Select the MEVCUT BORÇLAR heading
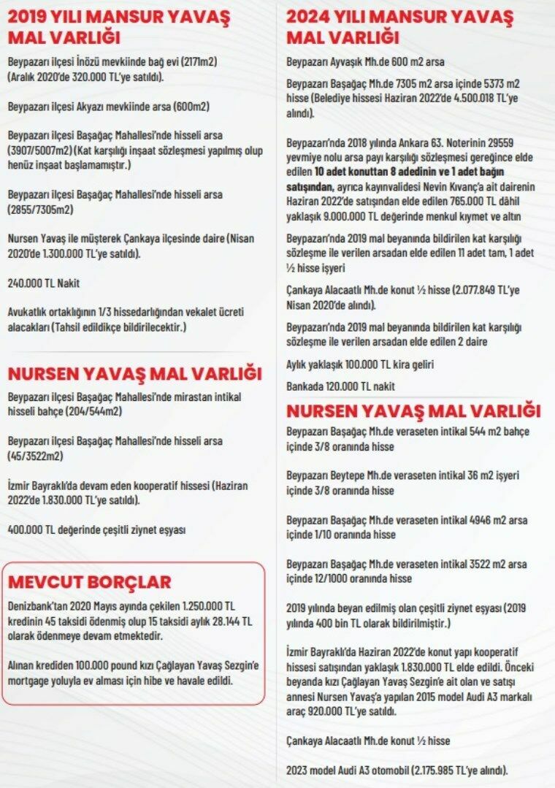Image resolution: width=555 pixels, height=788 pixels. click(89, 582)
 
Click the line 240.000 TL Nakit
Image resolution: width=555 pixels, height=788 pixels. click(44, 283)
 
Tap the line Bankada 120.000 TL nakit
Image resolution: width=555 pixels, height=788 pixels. click(340, 386)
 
